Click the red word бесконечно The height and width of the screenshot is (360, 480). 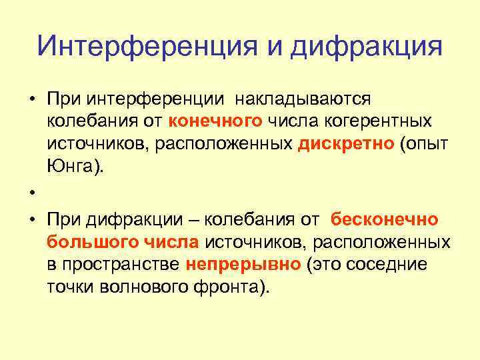[x=385, y=219]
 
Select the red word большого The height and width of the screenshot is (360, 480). [x=87, y=241]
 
